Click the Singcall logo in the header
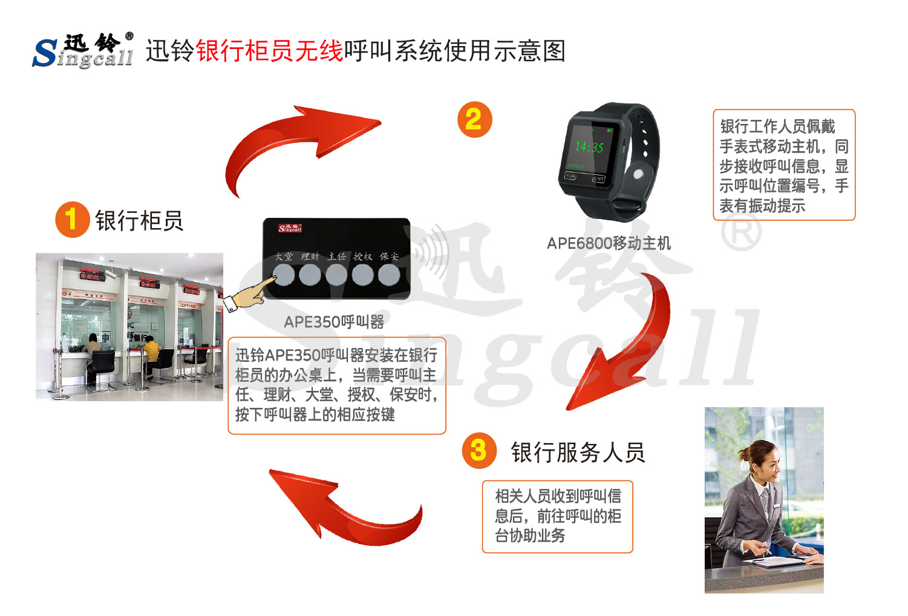point(83,50)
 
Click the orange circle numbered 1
point(72,219)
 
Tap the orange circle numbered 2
point(474,119)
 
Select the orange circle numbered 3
point(478,450)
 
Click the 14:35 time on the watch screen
point(589,146)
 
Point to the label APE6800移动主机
point(609,243)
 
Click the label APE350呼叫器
point(334,322)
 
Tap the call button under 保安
point(389,275)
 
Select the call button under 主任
point(336,275)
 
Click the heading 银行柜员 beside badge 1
point(139,220)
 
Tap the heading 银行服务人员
point(578,452)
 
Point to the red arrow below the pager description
point(345,508)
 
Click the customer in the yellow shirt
point(151,351)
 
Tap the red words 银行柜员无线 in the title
point(269,51)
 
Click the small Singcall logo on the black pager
point(290,228)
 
